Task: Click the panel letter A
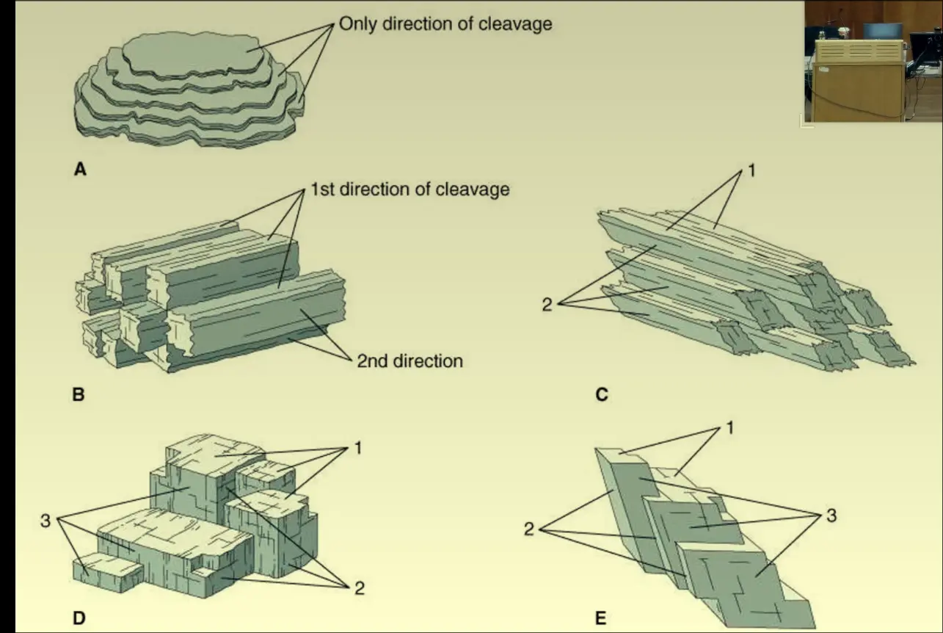tap(81, 170)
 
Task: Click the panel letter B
tap(79, 394)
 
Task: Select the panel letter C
tap(602, 395)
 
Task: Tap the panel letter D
tap(79, 618)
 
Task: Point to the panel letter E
tap(601, 618)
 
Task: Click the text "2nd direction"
tap(409, 361)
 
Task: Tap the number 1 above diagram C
tap(751, 171)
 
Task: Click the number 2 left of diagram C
tap(547, 304)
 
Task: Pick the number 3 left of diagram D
tap(45, 523)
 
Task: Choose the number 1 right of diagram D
tap(357, 447)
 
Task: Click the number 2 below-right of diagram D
tap(359, 587)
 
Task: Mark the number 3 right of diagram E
tap(831, 516)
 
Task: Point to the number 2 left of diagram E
tap(529, 529)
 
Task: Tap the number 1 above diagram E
tap(729, 427)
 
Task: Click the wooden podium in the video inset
tap(857, 88)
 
